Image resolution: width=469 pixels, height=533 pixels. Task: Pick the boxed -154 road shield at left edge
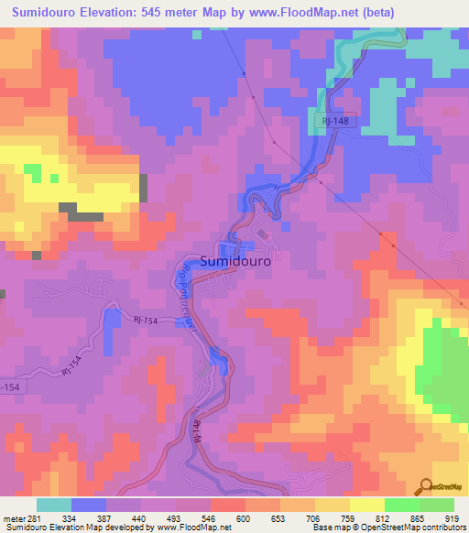pos(9,387)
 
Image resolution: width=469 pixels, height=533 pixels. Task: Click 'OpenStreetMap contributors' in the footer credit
pos(416,528)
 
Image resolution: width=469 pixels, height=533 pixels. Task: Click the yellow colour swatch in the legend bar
pos(367,505)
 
